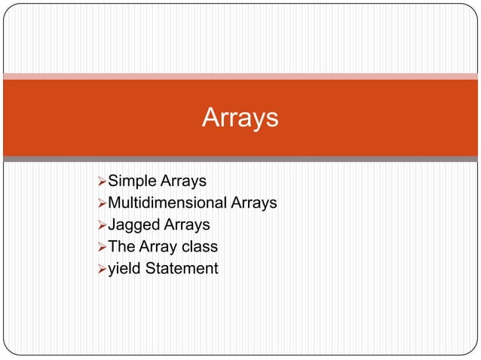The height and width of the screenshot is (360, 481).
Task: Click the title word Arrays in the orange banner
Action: click(x=240, y=118)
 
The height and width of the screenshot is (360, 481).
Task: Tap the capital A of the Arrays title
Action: click(x=210, y=118)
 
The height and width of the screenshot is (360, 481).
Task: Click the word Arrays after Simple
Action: click(x=183, y=181)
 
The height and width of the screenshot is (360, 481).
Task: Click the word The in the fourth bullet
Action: click(x=121, y=246)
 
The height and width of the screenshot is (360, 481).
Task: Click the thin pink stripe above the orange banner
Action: click(x=240, y=76)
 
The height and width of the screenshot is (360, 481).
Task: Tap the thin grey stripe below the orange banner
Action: click(x=240, y=159)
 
